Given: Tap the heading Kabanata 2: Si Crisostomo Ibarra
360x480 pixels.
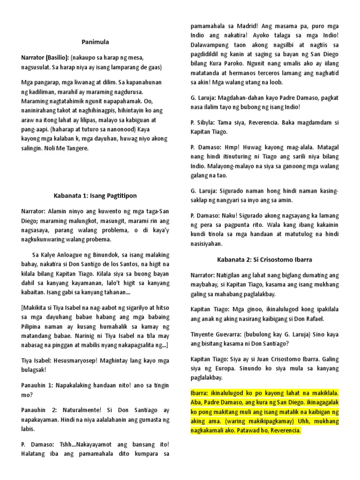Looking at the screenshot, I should [264, 259].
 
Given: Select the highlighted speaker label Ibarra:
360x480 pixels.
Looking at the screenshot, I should [201, 392].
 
